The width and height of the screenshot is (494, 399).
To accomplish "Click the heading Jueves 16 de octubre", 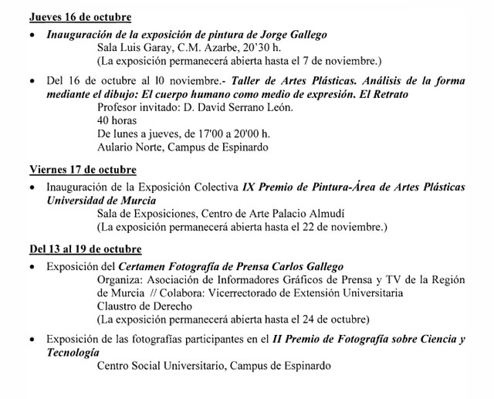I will pyautogui.click(x=80, y=17).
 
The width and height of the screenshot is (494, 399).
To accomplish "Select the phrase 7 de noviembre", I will pyautogui.click(x=345, y=59).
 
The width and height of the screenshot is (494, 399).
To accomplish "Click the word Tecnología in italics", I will pyautogui.click(x=73, y=352).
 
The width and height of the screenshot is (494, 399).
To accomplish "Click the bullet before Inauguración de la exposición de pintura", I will pyautogui.click(x=32, y=36).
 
